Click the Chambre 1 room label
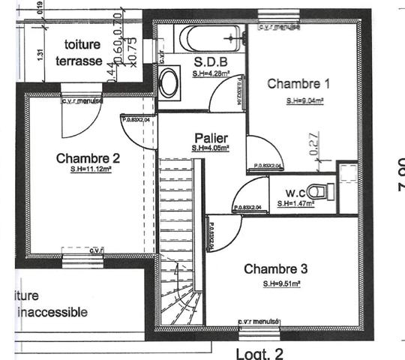point(298,84)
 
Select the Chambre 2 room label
point(88,158)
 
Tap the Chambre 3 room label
point(275,269)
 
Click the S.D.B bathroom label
point(210,61)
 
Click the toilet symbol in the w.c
point(321,191)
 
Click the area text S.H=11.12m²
point(86,170)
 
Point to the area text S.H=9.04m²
point(304,100)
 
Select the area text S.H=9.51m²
point(281,284)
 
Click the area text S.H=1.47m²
point(294,203)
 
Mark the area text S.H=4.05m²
point(210,148)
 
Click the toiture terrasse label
point(82,53)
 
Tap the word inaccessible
point(52,312)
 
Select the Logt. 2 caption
point(259,352)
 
